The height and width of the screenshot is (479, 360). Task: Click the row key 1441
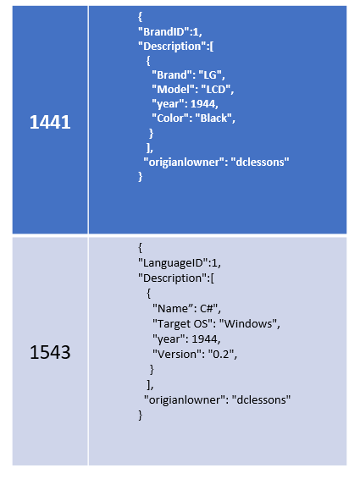[50, 122]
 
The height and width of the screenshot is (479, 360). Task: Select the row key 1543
[50, 352]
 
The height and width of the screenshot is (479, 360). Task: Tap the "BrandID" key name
[164, 31]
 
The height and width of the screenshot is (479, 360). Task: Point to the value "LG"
[210, 74]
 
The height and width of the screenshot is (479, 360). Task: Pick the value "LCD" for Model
[216, 89]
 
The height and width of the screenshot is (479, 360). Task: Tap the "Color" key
[170, 118]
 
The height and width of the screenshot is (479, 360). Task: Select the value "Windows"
[248, 323]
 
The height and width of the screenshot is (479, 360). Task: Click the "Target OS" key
[183, 323]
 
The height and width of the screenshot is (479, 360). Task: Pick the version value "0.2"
[221, 354]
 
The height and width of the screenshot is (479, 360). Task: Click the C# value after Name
[208, 308]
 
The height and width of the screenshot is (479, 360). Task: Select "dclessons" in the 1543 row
[261, 399]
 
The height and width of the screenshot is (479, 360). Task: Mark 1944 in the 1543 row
[205, 339]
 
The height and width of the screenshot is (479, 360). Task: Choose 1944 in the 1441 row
[202, 103]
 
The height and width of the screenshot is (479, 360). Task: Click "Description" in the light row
[173, 278]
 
